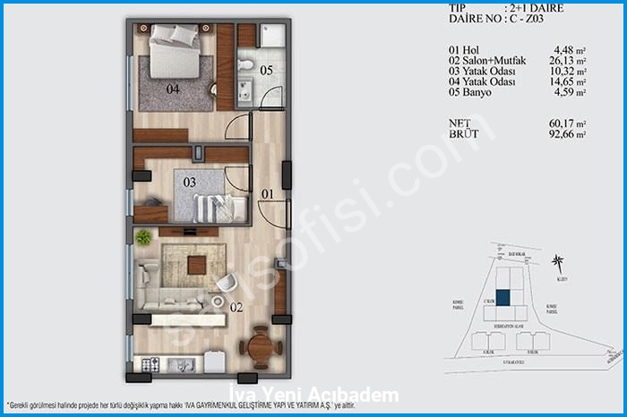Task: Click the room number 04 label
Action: (172, 89)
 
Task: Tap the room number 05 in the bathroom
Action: (266, 69)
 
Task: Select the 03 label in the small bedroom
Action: (189, 183)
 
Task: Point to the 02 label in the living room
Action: (236, 306)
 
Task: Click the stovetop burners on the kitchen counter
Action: (151, 364)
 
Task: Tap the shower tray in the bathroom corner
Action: (272, 37)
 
